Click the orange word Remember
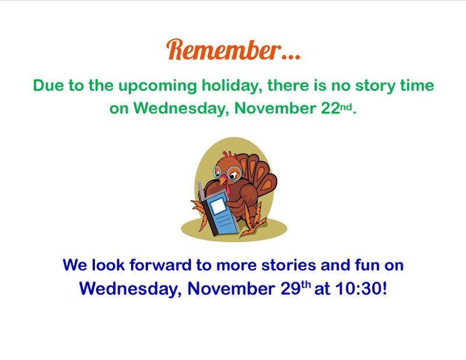pyautogui.click(x=222, y=50)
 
